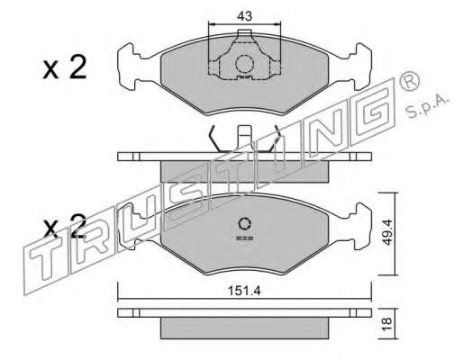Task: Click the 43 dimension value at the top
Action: click(x=244, y=16)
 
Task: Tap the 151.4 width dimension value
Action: click(x=244, y=291)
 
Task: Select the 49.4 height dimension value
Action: click(x=387, y=232)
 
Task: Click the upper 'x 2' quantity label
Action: click(x=65, y=67)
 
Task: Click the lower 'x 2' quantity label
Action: click(x=65, y=226)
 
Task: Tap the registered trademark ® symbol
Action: click(x=409, y=81)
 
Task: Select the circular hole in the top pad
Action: click(x=244, y=64)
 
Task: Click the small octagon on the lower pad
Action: click(x=245, y=224)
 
